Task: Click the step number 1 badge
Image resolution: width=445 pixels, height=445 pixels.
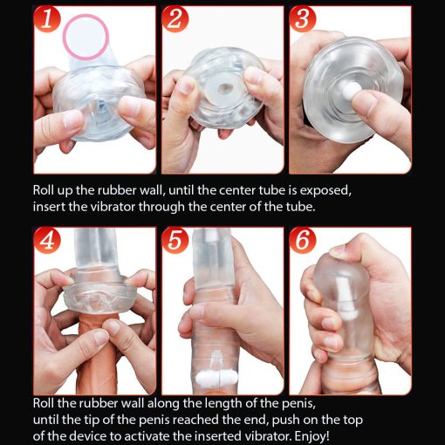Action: pos(47,19)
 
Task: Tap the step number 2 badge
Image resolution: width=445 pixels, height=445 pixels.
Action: pos(175,19)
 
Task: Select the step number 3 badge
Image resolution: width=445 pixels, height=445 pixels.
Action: pos(303,19)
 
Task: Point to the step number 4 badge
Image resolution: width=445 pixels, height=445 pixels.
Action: pos(47,241)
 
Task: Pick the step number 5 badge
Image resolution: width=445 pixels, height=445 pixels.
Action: pos(175,241)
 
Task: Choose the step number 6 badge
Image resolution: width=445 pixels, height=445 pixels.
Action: pos(303,241)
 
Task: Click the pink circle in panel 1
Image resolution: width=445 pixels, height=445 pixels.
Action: pos(86,38)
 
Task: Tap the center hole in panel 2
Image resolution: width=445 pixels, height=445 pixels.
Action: pos(224,89)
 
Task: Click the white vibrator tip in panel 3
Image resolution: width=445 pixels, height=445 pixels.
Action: pos(349,91)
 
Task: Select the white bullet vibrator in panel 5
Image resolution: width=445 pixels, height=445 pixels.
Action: pos(216,378)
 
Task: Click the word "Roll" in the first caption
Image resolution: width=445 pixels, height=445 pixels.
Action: pos(43,190)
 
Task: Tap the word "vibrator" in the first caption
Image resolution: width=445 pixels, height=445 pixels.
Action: pos(113,207)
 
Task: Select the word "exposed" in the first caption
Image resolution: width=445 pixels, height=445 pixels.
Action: pos(325,191)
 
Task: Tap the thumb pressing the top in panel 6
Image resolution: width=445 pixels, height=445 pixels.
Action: pos(341,251)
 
